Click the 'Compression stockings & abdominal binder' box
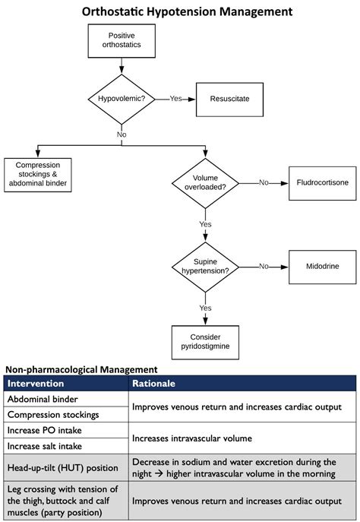click(38, 175)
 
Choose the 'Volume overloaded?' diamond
click(205, 182)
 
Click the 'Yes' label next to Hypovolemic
click(175, 99)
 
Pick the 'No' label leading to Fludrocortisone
click(264, 182)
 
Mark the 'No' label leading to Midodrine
click(264, 267)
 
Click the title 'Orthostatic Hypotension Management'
click(179, 11)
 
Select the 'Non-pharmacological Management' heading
click(81, 369)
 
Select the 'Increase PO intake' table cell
click(45, 431)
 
